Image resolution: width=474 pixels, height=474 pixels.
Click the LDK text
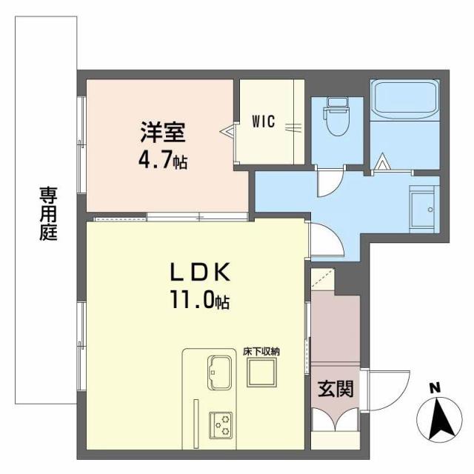[198, 272]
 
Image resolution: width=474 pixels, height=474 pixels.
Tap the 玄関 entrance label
[335, 387]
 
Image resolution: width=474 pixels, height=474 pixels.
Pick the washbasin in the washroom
[424, 210]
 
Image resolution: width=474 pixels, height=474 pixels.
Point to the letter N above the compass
[435, 387]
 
